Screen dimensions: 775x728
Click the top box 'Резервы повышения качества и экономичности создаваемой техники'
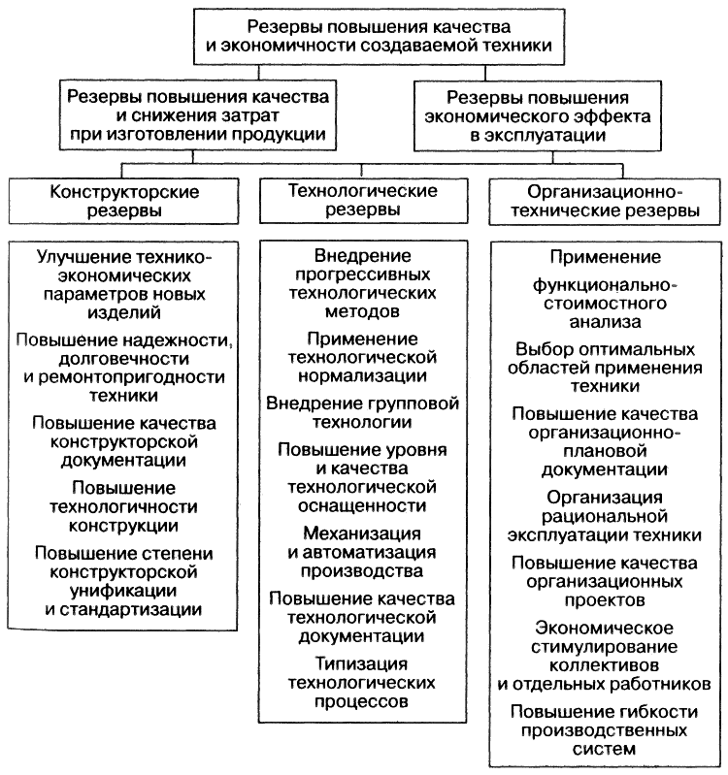364,35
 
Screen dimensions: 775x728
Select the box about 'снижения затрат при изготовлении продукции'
197,114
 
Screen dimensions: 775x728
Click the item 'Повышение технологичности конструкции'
123,505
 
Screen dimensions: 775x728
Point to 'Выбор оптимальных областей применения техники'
606,366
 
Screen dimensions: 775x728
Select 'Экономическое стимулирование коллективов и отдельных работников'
606,654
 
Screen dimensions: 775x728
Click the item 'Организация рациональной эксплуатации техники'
606,515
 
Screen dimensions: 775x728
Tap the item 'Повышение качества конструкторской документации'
123,441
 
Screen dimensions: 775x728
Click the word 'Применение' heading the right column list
606,257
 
